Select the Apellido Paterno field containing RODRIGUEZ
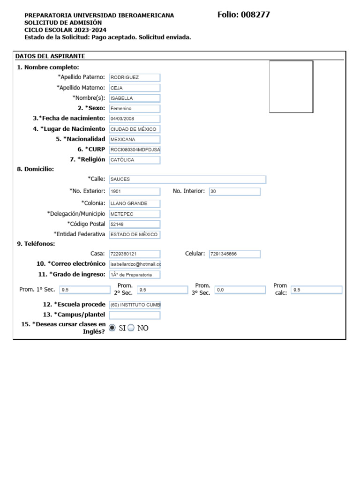point(135,77)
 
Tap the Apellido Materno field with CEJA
point(135,88)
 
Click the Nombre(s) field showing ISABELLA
point(135,98)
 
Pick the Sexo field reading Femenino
point(135,108)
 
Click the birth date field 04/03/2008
point(135,119)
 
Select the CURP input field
point(135,150)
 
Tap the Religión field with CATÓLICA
point(135,160)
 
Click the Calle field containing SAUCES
point(187,179)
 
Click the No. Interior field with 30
point(234,191)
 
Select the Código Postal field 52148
point(135,224)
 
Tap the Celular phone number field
point(234,254)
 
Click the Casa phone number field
point(135,254)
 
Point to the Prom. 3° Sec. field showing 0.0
point(240,290)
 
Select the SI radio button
point(112,328)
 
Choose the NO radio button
point(131,328)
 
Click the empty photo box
point(291,87)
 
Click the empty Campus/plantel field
point(135,315)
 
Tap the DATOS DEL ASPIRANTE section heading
point(50,56)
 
